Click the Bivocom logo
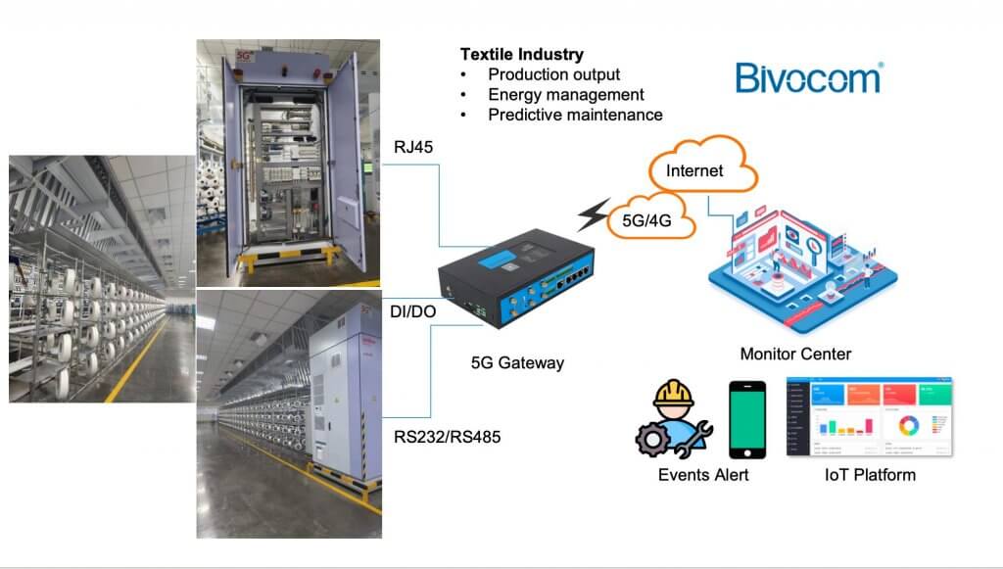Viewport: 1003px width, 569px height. coord(808,77)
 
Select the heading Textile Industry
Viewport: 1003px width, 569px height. coord(521,54)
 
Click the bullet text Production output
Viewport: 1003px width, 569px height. coord(553,74)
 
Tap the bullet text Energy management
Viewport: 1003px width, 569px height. coord(565,95)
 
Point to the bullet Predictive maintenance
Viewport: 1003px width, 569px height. coord(575,115)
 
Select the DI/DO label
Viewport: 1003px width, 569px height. coord(413,310)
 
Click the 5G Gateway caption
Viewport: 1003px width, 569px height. coord(517,362)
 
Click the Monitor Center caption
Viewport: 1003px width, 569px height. coord(795,354)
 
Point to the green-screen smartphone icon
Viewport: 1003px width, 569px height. coord(746,419)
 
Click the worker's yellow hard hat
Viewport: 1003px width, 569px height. coord(675,395)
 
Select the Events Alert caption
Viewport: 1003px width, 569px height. coord(703,475)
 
